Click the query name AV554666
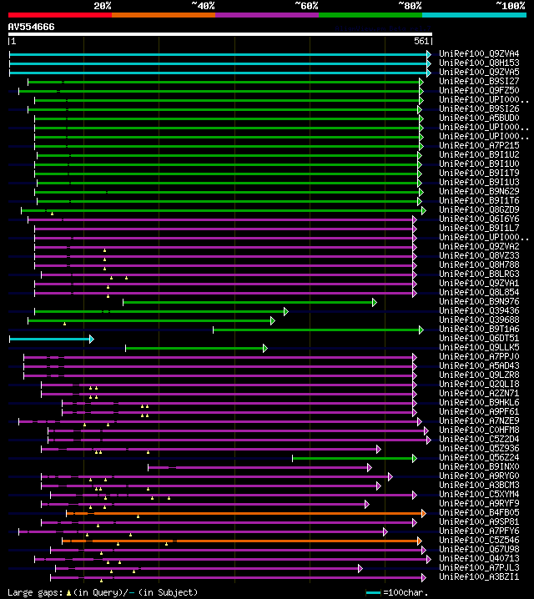pos(32,27)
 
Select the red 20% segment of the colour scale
pos(59,14)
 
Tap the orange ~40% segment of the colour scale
pos(163,14)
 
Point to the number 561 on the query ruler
pos(421,41)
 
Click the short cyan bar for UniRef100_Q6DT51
pos(51,339)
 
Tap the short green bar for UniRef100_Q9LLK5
pos(196,348)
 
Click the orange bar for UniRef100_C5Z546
pos(242,541)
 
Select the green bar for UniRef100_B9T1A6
pos(318,330)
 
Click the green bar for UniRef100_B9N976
pos(249,302)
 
